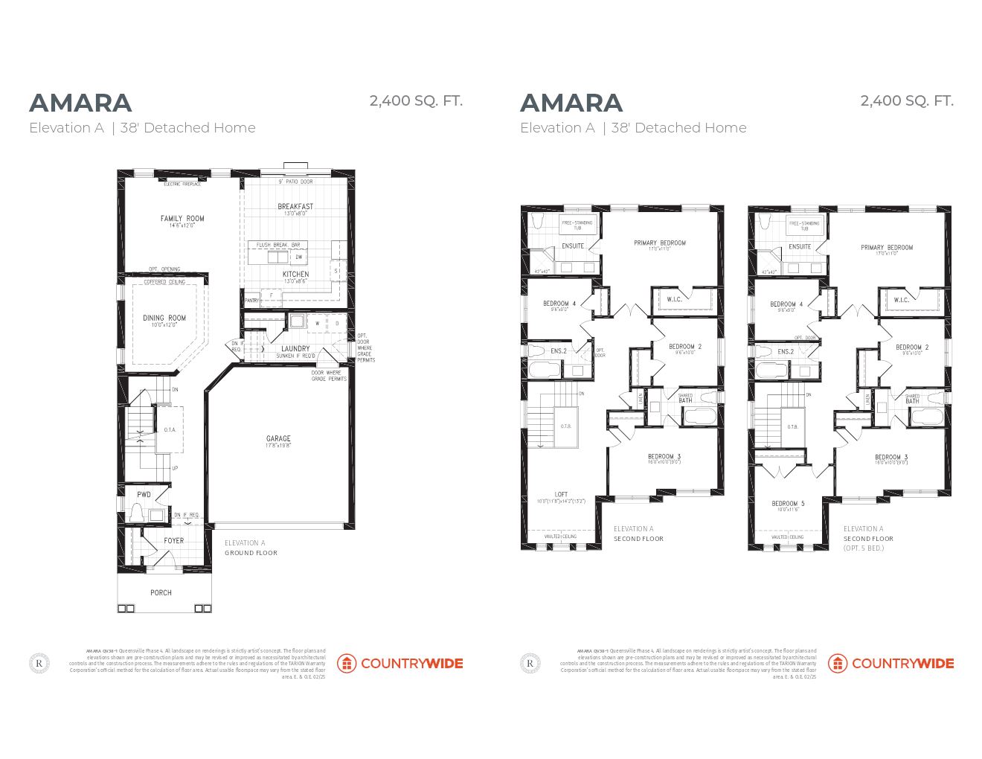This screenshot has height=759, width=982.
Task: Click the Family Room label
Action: click(182, 219)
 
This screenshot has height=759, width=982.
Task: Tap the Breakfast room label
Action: click(295, 207)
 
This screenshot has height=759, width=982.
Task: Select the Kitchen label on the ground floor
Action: click(295, 275)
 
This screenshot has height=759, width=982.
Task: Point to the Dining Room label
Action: click(164, 318)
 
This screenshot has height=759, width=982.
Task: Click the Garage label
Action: click(278, 439)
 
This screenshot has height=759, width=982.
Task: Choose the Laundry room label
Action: click(295, 349)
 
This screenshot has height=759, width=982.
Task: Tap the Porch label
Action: click(161, 593)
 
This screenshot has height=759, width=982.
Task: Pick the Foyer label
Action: click(173, 541)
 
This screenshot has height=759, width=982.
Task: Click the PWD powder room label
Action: click(144, 495)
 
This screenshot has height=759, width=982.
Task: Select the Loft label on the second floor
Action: click(561, 495)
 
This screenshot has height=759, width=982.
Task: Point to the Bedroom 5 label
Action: click(788, 504)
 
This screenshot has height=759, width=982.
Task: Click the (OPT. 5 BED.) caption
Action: click(864, 548)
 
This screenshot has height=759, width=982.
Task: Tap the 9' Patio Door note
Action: click(295, 182)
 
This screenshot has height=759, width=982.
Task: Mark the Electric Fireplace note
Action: click(182, 184)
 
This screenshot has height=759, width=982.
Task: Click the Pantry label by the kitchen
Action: click(251, 301)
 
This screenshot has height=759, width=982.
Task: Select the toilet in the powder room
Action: click(137, 513)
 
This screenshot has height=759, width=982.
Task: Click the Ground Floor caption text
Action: click(251, 553)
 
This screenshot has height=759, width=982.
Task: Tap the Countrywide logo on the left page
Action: click(399, 663)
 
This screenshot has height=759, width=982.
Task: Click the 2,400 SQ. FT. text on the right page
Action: click(906, 101)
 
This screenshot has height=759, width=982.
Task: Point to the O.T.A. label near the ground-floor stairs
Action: click(170, 430)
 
